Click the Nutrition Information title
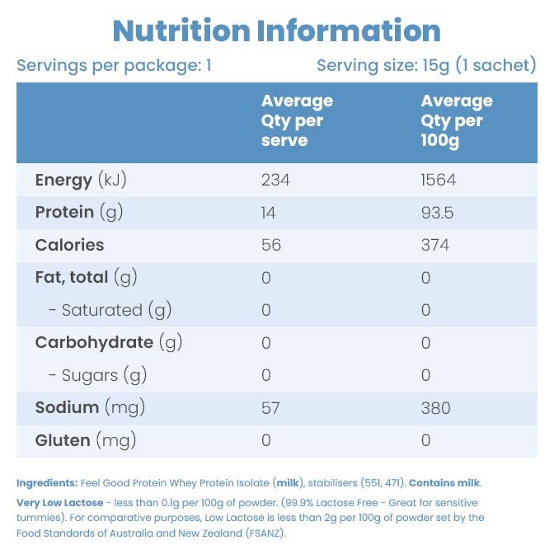(x=277, y=31)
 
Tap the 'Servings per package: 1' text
(x=114, y=65)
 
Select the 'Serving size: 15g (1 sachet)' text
(x=426, y=65)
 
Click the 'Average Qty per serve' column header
(x=297, y=120)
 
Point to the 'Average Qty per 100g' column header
(x=457, y=120)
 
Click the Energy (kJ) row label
(x=81, y=180)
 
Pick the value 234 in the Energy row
(x=275, y=180)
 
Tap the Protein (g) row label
(x=79, y=213)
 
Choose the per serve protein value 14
(x=269, y=213)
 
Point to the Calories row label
(x=69, y=245)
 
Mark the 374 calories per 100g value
(x=434, y=245)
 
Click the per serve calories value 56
(x=270, y=245)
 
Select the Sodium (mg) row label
(x=85, y=407)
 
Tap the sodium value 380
(x=434, y=407)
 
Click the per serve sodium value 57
(x=270, y=407)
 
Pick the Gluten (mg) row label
(x=85, y=440)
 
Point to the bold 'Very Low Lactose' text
(x=60, y=502)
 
